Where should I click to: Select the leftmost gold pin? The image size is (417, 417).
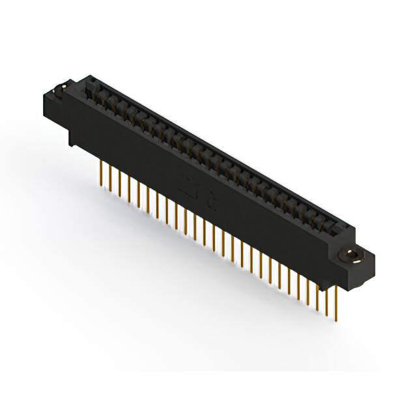coord(101,173)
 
